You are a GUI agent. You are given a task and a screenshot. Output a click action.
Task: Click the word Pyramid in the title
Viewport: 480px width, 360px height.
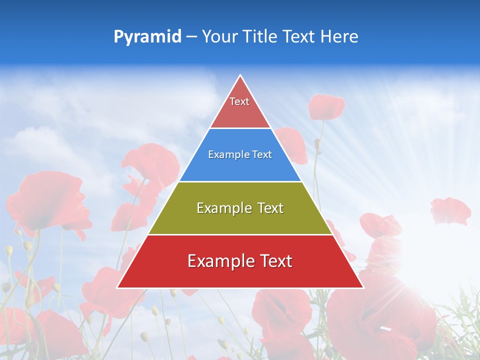point(147,37)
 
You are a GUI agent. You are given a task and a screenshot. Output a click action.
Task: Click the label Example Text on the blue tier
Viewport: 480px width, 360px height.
point(240,155)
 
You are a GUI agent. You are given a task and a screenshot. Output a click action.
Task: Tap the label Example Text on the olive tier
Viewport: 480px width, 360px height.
point(240,208)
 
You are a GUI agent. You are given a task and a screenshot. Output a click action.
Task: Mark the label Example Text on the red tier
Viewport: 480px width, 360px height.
point(240,261)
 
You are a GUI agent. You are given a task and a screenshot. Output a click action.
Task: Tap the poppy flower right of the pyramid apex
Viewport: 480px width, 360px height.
point(326,106)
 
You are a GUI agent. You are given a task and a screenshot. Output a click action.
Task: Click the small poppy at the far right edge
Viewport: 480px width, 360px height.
point(450,210)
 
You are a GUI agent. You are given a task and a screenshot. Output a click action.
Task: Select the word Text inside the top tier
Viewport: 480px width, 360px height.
point(239,101)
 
